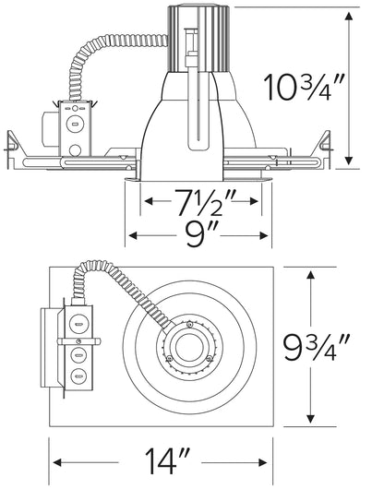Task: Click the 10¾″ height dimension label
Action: pyautogui.click(x=304, y=87)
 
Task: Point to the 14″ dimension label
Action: pyautogui.click(x=167, y=462)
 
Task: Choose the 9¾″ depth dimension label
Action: pyautogui.click(x=316, y=347)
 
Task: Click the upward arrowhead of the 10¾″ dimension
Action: pyautogui.click(x=349, y=17)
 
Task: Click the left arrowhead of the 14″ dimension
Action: pyautogui.click(x=57, y=462)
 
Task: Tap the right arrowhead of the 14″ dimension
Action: pyautogui.click(x=263, y=462)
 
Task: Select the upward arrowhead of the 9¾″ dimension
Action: pyautogui.click(x=310, y=276)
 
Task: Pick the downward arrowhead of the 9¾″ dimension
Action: pyautogui.click(x=310, y=418)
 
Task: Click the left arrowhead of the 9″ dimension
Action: pyautogui.click(x=133, y=235)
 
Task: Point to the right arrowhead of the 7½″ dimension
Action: pyautogui.click(x=253, y=201)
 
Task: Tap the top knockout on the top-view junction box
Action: pyautogui.click(x=78, y=324)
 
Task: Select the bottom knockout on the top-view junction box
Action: pyautogui.click(x=78, y=376)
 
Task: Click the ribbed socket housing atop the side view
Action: pyautogui.click(x=198, y=39)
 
